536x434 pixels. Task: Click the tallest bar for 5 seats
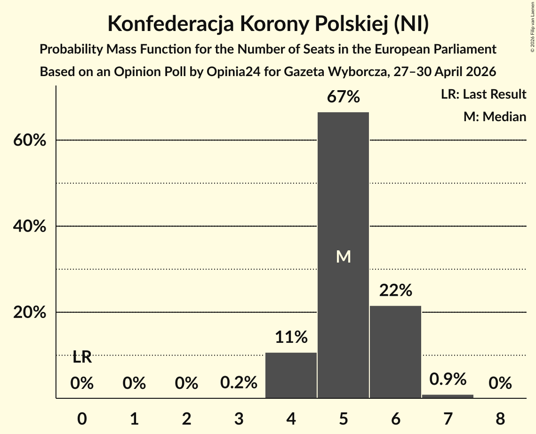343,255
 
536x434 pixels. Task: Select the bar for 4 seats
291,375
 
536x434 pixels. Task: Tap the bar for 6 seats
395,352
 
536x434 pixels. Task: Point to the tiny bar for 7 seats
448,396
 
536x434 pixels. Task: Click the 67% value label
343,97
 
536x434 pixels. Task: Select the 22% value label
395,290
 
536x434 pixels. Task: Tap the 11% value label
291,337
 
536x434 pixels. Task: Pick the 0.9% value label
448,379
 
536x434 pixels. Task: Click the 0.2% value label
239,382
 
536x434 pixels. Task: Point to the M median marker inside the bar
343,256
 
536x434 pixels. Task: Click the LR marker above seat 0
82,357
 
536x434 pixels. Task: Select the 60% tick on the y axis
29,140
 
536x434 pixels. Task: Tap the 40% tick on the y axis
29,226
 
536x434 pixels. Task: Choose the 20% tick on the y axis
29,312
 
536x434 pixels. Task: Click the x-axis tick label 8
500,418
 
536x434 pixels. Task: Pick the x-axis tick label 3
239,418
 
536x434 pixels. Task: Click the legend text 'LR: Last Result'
483,94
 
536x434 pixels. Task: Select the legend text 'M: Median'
495,116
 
